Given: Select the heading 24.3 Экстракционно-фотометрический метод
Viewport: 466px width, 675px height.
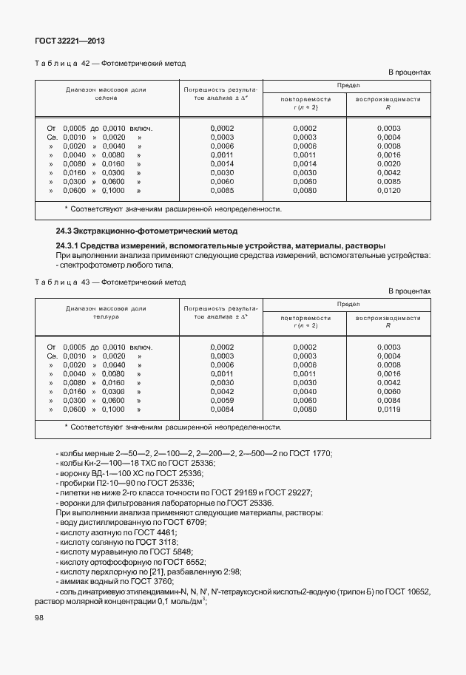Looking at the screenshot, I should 146,231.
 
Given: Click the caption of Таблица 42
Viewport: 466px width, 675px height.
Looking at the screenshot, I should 110,64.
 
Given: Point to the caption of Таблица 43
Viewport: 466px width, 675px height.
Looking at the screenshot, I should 110,282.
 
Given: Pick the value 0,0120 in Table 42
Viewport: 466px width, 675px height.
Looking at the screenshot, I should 388,191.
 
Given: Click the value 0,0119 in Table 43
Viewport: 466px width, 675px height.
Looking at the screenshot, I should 388,410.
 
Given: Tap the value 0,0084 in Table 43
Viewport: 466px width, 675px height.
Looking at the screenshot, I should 222,410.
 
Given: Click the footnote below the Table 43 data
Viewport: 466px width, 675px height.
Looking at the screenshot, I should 172,427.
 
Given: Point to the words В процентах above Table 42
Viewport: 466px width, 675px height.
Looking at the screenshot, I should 409,72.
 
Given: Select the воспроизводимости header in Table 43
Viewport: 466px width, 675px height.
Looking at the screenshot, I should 388,318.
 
